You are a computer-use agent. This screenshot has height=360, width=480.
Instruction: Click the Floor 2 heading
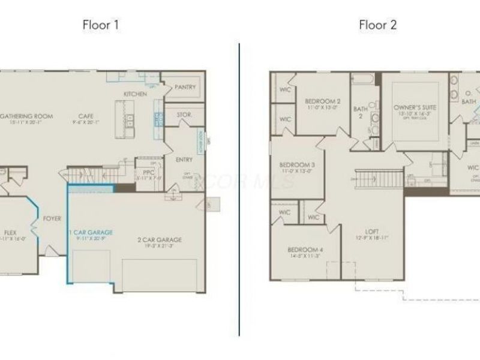pos(377,25)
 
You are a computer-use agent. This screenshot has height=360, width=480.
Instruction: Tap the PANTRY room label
pos(185,87)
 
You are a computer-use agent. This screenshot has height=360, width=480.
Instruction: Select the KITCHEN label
pos(135,94)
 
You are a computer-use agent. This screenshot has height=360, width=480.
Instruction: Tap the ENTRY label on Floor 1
pos(185,160)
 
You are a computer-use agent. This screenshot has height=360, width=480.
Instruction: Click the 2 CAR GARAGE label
pos(160,240)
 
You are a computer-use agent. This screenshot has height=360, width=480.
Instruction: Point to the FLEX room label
pos(10,232)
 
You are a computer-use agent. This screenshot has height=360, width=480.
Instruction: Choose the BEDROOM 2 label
pos(322,101)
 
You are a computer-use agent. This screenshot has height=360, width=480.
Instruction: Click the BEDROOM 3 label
pos(297,165)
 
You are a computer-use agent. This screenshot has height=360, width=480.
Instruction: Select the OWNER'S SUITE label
pos(415,107)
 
